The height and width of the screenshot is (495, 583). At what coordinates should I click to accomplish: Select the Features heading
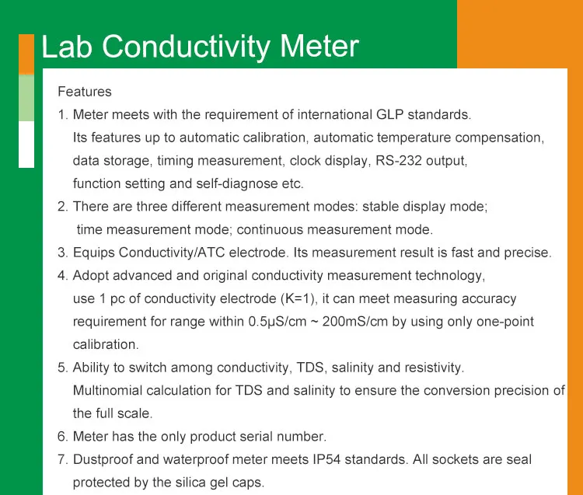(85, 92)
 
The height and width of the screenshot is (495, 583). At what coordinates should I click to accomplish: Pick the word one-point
(506, 322)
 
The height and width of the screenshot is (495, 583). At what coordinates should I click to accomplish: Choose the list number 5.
(62, 368)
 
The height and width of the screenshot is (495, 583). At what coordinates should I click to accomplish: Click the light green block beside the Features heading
(26, 97)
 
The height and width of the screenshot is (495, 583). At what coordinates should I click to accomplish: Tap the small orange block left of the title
(26, 54)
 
